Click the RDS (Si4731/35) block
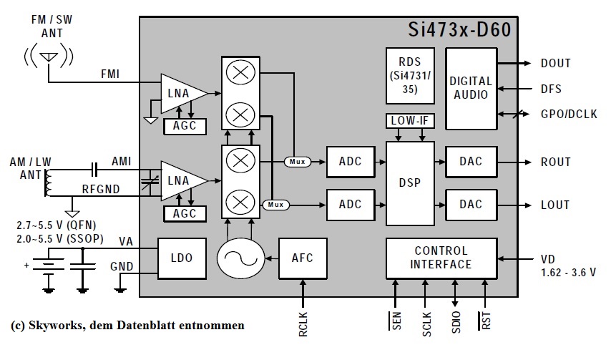point(409,75)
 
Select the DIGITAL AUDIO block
point(471,88)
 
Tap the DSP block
point(410,182)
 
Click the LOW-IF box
point(410,121)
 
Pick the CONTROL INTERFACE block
point(441,258)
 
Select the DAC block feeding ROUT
point(471,162)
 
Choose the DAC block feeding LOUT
point(471,205)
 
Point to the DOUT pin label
point(555,64)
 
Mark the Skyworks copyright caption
point(128,325)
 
